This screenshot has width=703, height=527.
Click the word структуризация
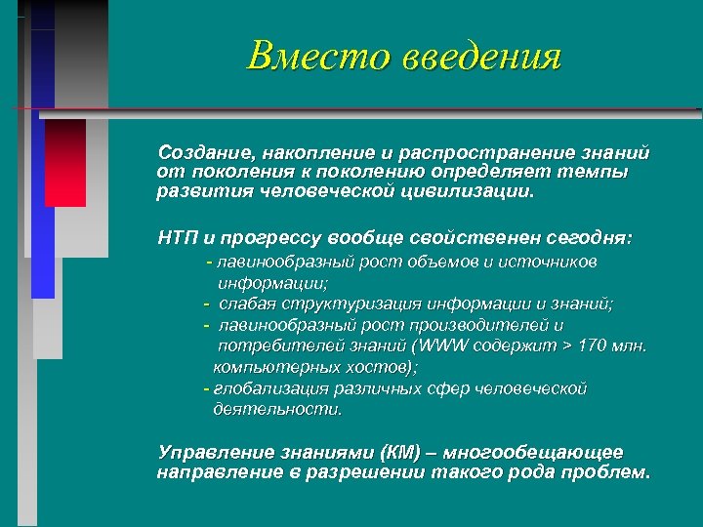(337, 303)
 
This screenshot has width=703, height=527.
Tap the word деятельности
(278, 410)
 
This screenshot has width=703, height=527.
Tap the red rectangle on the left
(65, 162)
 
